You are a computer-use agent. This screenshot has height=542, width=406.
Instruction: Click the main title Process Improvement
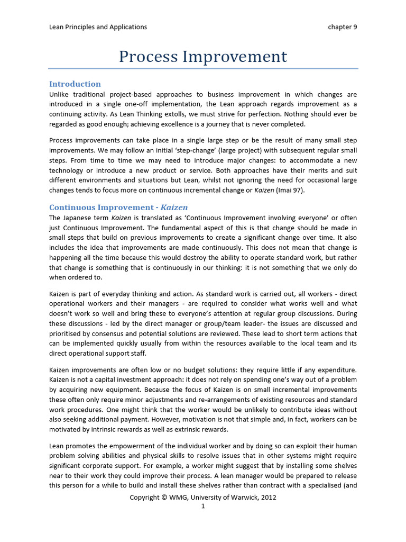pos(203,57)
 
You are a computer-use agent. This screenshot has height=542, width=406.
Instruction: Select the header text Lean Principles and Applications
pos(98,27)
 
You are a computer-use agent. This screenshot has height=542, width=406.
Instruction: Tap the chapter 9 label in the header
pos(342,27)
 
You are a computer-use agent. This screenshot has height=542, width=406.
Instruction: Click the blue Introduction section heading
pos(75,84)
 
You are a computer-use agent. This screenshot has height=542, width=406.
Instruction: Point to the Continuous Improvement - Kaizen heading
pos(118,207)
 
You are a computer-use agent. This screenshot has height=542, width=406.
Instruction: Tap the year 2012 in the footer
pos(267,498)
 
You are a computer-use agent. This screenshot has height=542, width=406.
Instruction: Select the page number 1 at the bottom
pos(202,507)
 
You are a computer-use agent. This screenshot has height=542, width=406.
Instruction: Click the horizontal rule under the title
pos(203,69)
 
